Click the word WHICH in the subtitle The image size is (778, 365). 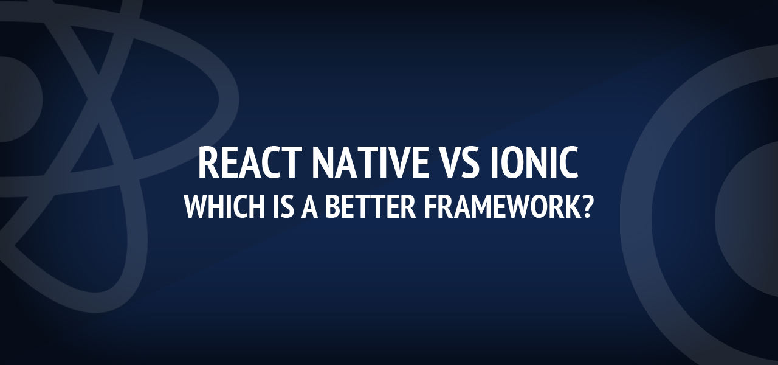[x=224, y=206]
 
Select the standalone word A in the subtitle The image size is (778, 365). [x=309, y=206]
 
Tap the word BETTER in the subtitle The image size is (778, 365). [x=370, y=206]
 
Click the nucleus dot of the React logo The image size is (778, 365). [x=14, y=99]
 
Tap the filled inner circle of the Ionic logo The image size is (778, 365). [x=747, y=220]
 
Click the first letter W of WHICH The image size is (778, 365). [x=196, y=206]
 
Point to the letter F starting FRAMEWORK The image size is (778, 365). [x=430, y=206]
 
